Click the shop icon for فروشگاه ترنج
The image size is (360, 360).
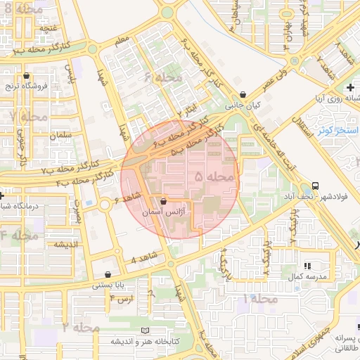pyautogui.click(x=26, y=76)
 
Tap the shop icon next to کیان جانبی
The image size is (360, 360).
pyautogui.click(x=243, y=95)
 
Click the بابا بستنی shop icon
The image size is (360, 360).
pyautogui.click(x=108, y=274)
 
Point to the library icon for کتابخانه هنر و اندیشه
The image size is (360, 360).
pyautogui.click(x=146, y=330)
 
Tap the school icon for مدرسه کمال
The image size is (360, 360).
pyautogui.click(x=307, y=266)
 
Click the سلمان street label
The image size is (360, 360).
pyautogui.click(x=62, y=134)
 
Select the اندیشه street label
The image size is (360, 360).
pyautogui.click(x=60, y=245)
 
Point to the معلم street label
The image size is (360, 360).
pyautogui.click(x=124, y=41)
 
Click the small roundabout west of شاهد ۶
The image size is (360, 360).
pyautogui.click(x=105, y=205)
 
